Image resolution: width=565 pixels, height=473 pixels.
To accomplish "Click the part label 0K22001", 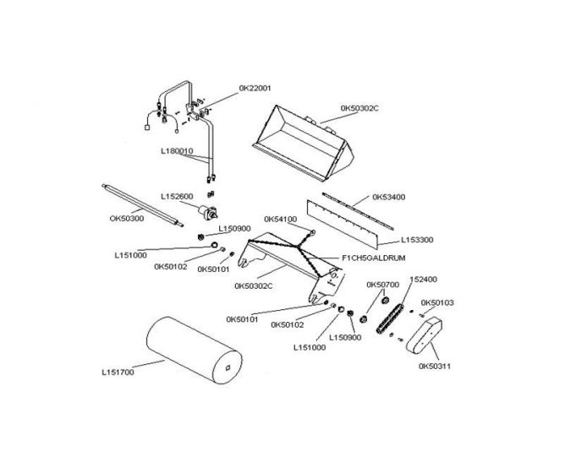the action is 255,88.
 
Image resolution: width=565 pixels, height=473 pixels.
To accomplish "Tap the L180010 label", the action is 177,151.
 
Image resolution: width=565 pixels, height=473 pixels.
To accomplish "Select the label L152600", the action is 177,197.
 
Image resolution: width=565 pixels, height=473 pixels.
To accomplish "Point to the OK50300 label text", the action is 127,219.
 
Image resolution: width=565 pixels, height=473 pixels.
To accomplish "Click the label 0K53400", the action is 389,197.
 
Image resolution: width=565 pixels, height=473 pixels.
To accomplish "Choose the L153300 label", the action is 417,240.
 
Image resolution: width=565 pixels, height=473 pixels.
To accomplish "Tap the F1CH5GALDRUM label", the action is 374,258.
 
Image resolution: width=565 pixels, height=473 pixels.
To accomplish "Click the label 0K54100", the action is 281,220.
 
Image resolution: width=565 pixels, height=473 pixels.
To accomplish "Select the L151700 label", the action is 118,372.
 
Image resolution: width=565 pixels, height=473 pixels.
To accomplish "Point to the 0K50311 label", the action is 435,366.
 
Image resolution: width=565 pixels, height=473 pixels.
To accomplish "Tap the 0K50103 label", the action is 437,302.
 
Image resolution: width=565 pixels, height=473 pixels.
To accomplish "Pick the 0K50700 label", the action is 382,285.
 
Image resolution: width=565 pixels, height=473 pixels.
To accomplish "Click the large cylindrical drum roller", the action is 195,350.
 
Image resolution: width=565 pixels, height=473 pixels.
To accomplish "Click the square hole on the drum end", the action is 228,367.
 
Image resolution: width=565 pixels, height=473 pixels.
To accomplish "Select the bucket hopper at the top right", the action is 304,143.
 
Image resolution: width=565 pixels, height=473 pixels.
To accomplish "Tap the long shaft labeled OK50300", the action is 142,205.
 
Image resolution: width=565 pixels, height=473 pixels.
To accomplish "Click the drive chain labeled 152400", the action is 390,319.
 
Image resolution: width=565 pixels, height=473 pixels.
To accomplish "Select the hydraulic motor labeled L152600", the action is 208,212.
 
